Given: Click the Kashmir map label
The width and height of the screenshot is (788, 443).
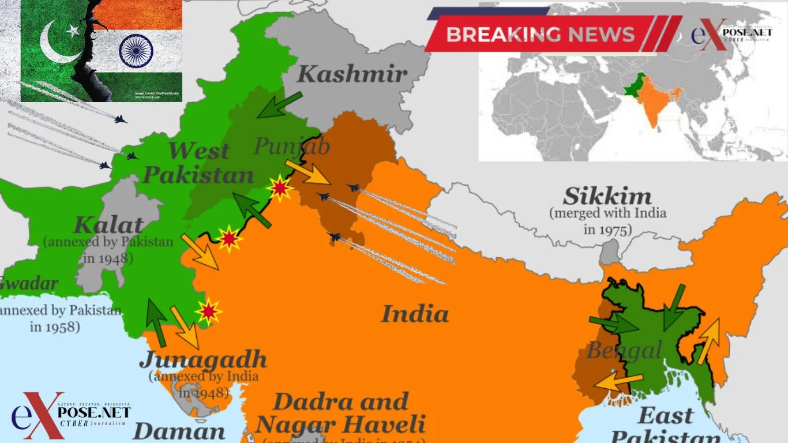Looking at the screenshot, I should coord(352,74).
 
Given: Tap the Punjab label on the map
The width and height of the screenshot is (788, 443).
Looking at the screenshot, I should coord(292,146).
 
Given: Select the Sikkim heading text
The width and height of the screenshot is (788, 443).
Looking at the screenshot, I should coord(607,197).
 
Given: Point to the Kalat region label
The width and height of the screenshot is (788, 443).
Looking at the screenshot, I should coord(108,225).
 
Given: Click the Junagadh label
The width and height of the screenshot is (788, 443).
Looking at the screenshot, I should coord(203,359).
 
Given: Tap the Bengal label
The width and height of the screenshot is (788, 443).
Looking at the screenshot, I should coord(624,350).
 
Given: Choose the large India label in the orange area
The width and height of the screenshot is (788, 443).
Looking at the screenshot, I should coord(415,314).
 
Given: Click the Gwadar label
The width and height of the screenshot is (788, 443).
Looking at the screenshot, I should coord(29,284).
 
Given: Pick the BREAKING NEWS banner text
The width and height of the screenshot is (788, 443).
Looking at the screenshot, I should coord(540,34).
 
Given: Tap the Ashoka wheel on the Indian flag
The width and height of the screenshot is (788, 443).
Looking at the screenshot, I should coord(136,50).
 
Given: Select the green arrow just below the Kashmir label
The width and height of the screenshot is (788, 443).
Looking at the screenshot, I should coord(279,105).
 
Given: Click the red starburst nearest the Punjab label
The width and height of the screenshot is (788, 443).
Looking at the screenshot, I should coord(280,188).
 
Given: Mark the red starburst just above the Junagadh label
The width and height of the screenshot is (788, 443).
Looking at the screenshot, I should coord(208,311).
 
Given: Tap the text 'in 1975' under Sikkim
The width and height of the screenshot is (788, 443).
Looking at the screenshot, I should coord(607,229).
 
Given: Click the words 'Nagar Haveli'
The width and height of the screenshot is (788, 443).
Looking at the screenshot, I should coord(340,425).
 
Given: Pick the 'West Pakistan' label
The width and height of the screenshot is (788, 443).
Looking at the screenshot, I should coord(199,163).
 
